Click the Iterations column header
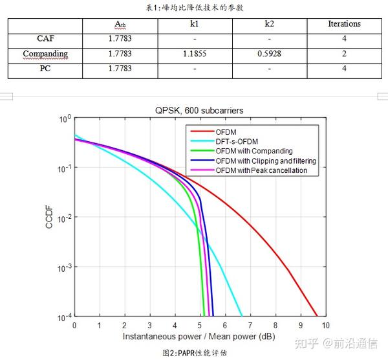(344, 24)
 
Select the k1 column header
(195, 24)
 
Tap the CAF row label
(45, 39)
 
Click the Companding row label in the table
(45, 54)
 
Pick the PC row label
(45, 69)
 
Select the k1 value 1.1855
(195, 54)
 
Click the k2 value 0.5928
(269, 54)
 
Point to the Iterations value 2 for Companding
(344, 54)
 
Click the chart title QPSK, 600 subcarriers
(199, 111)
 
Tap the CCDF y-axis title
(49, 216)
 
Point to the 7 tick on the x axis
(250, 325)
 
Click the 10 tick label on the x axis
(326, 325)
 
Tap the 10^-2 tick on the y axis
(65, 218)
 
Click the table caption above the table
(195, 7)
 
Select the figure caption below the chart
(195, 353)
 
